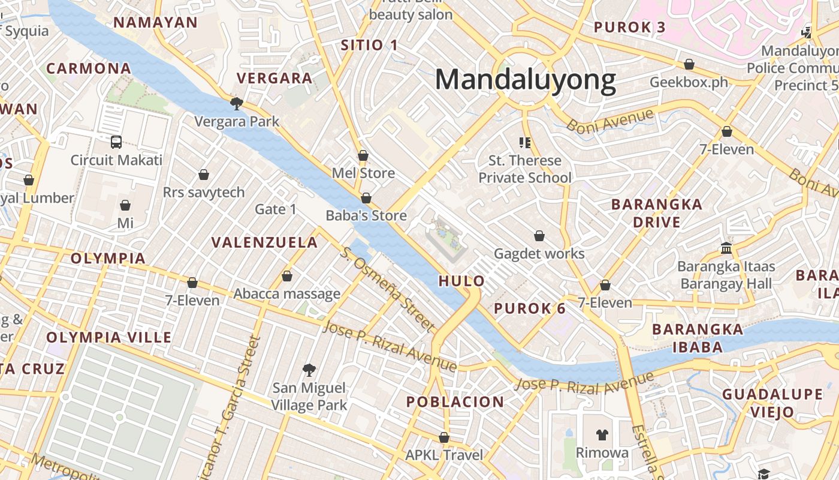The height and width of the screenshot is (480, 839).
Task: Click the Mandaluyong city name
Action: (525, 80)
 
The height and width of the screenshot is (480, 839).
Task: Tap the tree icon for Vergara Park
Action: (237, 104)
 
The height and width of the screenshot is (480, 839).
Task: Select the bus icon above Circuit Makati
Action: (116, 142)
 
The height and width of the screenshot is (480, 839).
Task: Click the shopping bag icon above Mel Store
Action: (363, 156)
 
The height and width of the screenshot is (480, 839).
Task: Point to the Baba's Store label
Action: (366, 215)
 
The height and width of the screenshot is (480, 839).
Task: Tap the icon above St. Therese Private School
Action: (525, 143)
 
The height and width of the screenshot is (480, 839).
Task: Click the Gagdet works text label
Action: (539, 254)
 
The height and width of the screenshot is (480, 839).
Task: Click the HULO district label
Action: (461, 281)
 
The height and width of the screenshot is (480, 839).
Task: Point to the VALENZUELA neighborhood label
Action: (264, 243)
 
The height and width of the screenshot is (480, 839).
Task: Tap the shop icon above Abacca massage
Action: (287, 277)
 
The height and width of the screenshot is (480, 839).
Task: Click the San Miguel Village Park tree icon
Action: (309, 370)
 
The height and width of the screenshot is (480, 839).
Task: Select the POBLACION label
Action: (455, 402)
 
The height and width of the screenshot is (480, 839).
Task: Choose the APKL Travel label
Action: (443, 455)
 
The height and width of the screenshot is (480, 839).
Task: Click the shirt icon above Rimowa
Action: (602, 435)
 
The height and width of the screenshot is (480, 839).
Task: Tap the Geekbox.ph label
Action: (689, 82)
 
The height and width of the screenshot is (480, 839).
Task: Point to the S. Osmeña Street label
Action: (387, 289)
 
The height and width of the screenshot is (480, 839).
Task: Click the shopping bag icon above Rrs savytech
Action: (204, 175)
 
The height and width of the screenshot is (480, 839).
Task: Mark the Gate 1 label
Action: (276, 209)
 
